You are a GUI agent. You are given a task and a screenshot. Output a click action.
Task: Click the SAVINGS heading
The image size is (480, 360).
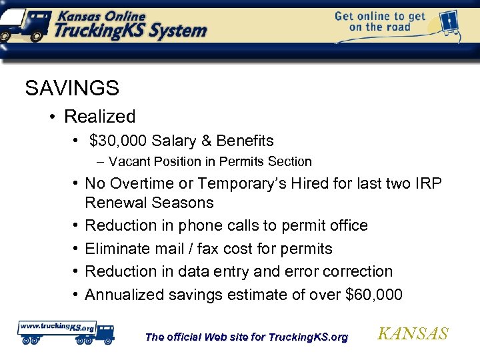[x=72, y=87]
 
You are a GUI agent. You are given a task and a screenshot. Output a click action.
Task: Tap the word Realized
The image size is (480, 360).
[x=99, y=117]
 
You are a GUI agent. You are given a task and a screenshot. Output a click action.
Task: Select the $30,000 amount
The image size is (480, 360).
[x=118, y=141]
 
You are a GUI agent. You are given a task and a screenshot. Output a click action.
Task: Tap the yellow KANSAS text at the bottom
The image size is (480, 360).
[x=413, y=334]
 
